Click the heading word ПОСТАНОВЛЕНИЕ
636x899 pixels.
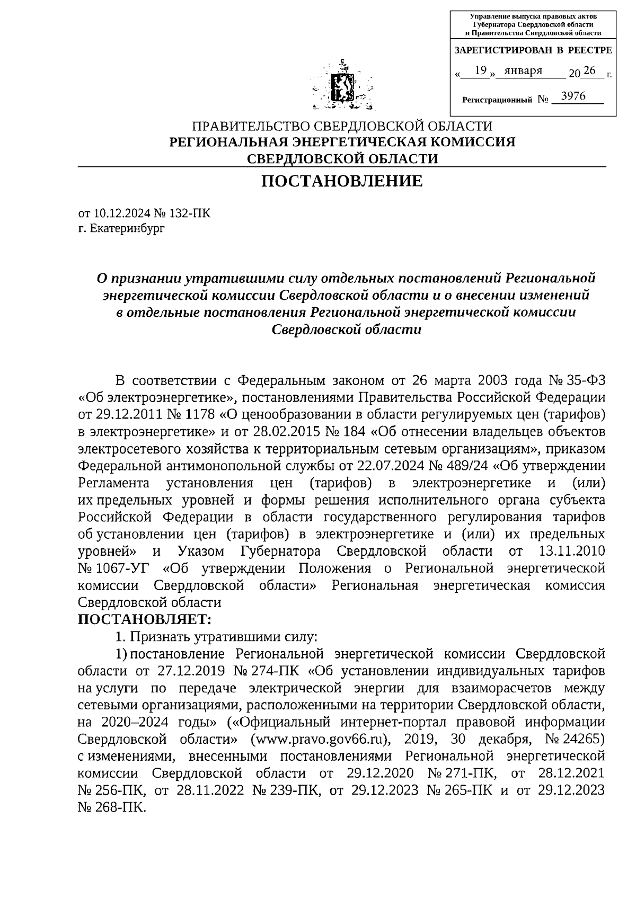[342, 182]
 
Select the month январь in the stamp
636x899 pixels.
[523, 71]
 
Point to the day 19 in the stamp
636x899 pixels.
[481, 70]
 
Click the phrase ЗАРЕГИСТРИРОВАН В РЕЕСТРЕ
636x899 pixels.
[533, 50]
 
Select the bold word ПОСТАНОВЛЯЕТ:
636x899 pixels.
[145, 619]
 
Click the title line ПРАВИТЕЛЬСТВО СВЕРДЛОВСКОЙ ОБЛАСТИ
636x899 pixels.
[342, 127]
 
